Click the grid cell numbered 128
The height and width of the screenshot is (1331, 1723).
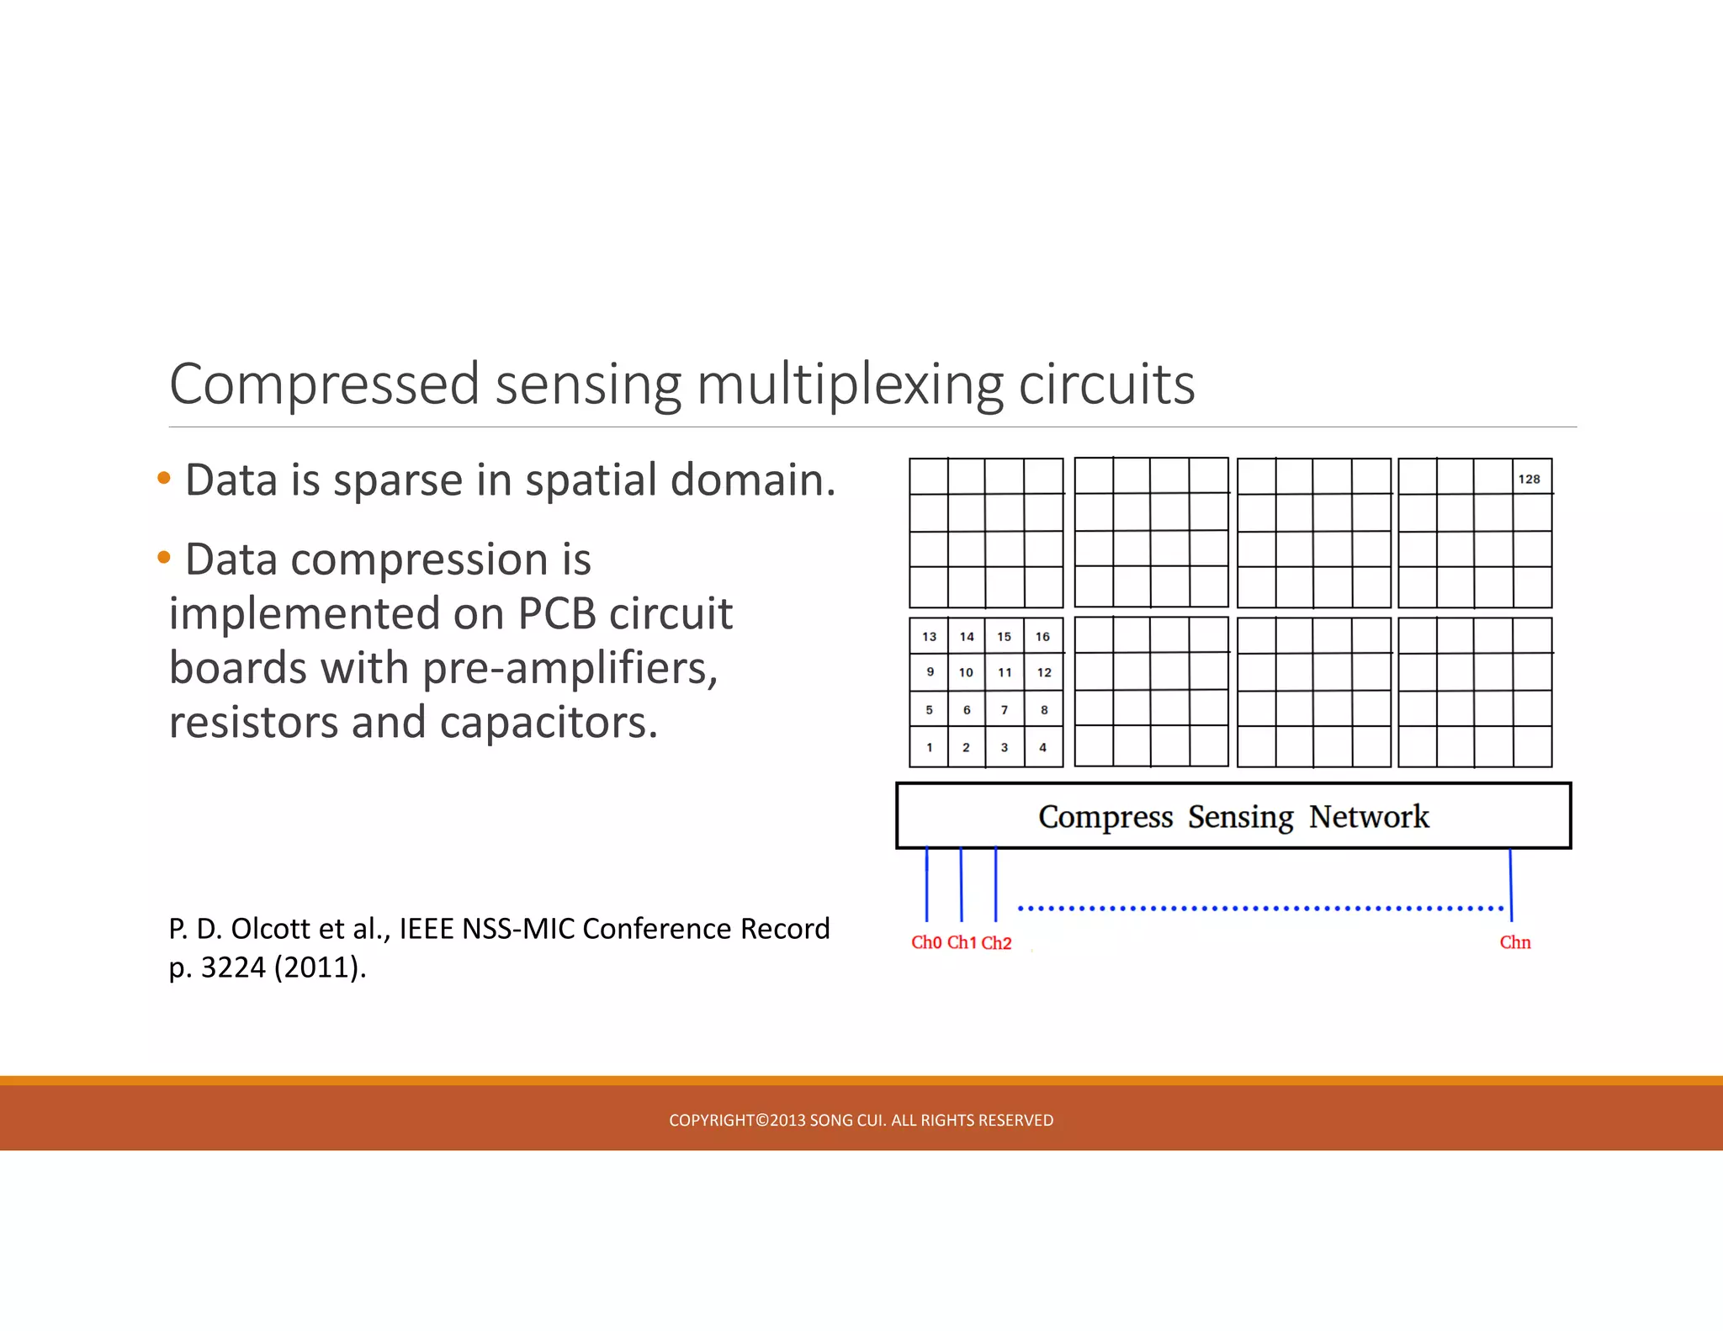pyautogui.click(x=1530, y=478)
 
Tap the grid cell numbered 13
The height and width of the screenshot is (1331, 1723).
pyautogui.click(x=929, y=636)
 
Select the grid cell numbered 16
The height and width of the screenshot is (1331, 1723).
pyautogui.click(x=1043, y=636)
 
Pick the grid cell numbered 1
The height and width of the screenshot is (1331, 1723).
pyautogui.click(x=929, y=747)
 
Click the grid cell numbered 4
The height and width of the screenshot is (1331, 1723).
pyautogui.click(x=1043, y=747)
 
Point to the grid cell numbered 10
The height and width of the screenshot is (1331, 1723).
pyautogui.click(x=966, y=672)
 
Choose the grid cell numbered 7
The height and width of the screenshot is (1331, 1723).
pyautogui.click(x=1005, y=709)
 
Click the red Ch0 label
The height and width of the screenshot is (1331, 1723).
pyautogui.click(x=926, y=942)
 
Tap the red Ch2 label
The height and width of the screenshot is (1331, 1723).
pyautogui.click(x=996, y=943)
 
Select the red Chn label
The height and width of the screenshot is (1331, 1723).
pyautogui.click(x=1514, y=942)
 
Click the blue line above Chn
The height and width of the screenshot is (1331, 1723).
pyautogui.click(x=1511, y=883)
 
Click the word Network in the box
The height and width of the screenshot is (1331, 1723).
pyautogui.click(x=1369, y=816)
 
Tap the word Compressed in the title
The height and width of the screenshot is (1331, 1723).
pyautogui.click(x=324, y=384)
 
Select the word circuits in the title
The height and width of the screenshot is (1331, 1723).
pyautogui.click(x=1106, y=384)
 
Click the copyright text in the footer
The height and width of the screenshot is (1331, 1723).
pyautogui.click(x=861, y=1120)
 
